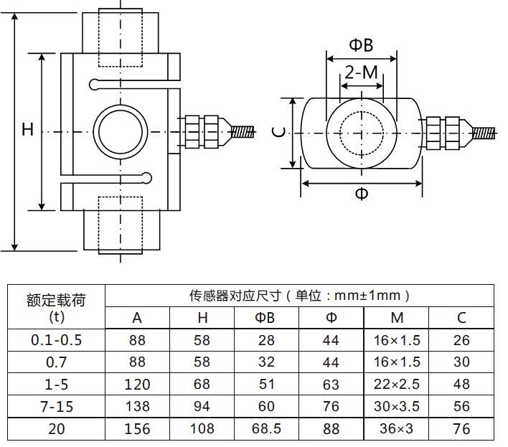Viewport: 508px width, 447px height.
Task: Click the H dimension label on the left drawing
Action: (27, 130)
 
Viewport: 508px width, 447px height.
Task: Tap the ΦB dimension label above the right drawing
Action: (361, 45)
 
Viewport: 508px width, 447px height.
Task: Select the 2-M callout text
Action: (361, 72)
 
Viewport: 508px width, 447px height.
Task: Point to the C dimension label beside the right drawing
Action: (281, 132)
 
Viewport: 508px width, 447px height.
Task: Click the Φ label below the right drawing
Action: (362, 194)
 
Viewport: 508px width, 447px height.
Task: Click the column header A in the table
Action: (137, 318)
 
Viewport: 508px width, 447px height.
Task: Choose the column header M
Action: (397, 318)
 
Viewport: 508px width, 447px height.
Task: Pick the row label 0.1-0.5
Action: (57, 340)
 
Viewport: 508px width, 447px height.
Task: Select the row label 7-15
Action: (57, 407)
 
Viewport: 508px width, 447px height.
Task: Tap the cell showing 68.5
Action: (267, 429)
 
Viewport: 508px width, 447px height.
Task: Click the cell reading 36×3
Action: (397, 429)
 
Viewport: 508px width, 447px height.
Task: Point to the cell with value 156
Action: (137, 429)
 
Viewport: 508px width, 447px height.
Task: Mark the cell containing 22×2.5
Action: (397, 385)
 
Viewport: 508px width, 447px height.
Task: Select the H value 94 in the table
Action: (202, 407)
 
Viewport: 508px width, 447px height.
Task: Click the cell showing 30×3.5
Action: (397, 407)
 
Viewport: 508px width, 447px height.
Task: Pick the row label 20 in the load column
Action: (57, 429)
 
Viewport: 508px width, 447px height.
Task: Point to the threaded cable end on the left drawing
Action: (244, 132)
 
